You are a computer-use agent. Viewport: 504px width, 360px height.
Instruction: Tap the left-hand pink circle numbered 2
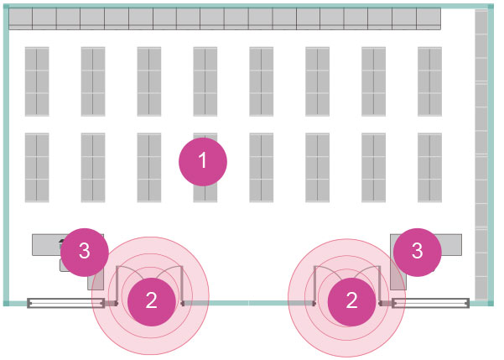[151, 300]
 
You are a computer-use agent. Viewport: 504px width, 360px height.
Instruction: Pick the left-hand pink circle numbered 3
[84, 250]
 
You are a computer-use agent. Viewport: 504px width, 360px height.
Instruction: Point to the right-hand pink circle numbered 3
[418, 250]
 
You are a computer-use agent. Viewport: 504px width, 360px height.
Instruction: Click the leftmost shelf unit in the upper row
[37, 81]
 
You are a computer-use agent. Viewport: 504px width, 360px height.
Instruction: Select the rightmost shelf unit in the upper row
[429, 81]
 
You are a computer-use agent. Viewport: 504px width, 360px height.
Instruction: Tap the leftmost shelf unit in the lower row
[37, 167]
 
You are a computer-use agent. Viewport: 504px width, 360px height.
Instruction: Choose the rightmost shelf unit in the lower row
[429, 167]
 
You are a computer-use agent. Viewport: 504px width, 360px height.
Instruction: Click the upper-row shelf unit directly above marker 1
[205, 81]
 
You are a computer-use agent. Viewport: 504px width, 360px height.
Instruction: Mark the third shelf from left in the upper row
[149, 81]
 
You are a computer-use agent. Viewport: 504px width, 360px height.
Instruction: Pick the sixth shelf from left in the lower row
[318, 167]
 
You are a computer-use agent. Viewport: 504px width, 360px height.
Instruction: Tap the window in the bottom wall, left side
[63, 301]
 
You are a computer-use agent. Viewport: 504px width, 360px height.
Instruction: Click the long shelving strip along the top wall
[224, 19]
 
